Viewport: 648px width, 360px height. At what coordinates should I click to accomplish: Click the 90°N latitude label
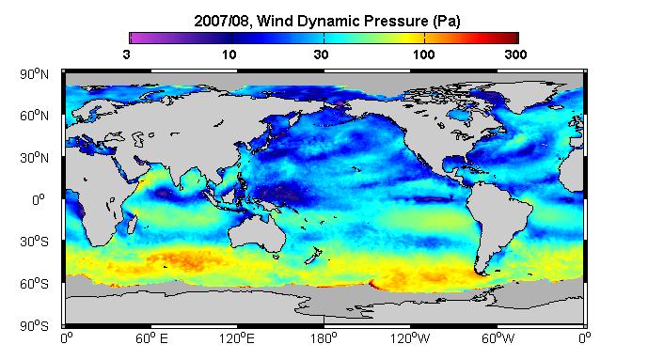34,74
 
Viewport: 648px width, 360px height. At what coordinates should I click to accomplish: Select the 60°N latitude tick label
34,116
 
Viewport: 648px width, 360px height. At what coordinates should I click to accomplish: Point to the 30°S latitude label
34,242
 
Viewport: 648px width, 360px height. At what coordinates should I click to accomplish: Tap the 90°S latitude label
34,326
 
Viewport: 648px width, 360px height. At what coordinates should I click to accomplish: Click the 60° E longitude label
151,339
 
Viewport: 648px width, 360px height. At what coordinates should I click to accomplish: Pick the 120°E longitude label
237,339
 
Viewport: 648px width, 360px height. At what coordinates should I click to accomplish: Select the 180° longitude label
324,339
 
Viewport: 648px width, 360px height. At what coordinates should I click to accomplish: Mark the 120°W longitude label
410,339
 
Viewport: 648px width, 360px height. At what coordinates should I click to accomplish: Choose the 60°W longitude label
498,339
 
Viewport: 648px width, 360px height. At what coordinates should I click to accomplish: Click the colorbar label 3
126,55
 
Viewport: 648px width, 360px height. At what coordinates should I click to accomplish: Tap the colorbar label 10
229,55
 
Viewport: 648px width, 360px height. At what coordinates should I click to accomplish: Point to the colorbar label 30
321,55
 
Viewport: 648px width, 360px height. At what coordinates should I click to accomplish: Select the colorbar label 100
423,55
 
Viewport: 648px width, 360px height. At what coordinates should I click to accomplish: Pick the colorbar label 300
515,55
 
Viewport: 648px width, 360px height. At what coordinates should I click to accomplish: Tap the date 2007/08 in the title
222,22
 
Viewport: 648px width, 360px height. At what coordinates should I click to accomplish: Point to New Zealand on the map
313,256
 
